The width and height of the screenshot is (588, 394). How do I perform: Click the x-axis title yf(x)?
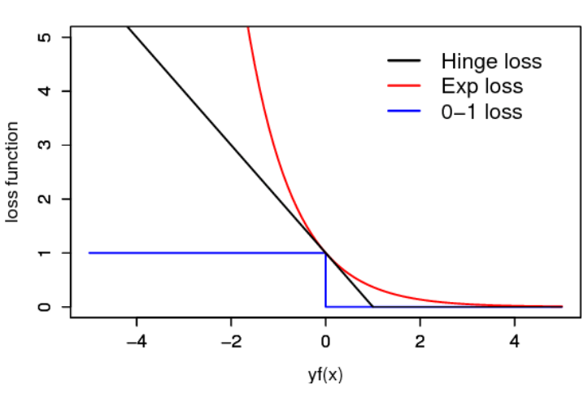click(325, 376)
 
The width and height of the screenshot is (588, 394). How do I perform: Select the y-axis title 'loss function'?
click(13, 172)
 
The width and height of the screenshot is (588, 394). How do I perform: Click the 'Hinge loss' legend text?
click(491, 61)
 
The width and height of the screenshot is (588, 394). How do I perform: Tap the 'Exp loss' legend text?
click(482, 85)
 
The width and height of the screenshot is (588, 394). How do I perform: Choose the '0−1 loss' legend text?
click(481, 111)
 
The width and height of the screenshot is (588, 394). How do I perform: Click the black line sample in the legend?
click(404, 61)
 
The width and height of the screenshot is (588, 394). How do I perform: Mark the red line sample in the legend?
click(404, 85)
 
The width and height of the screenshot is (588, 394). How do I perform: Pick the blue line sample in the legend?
click(404, 111)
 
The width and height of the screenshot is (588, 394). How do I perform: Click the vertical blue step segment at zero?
click(325, 281)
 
